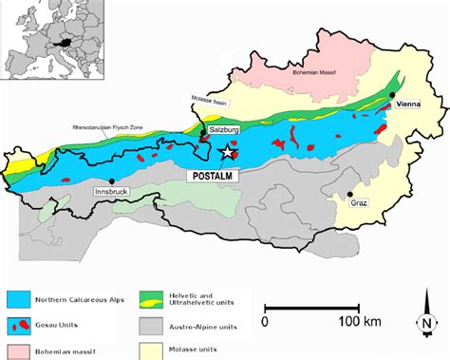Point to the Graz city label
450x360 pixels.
point(358,202)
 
